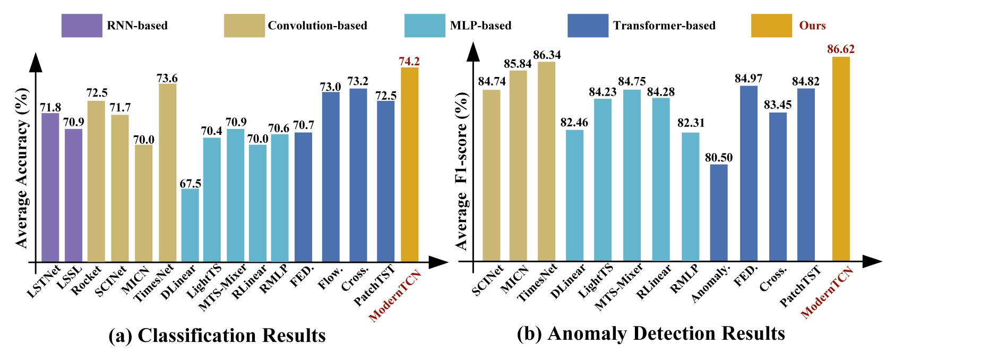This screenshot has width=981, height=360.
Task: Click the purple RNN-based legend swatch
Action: pyautogui.click(x=82, y=25)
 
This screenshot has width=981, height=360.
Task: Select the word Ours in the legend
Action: pyautogui.click(x=812, y=25)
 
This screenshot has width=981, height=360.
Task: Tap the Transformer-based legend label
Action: pyautogui.click(x=664, y=25)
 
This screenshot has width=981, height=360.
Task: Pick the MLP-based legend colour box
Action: pyautogui.click(x=424, y=25)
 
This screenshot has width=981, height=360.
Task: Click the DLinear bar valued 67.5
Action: pyautogui.click(x=190, y=225)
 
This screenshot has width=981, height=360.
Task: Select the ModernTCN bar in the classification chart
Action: pyautogui.click(x=409, y=165)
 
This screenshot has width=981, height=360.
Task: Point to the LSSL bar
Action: pyautogui.click(x=74, y=195)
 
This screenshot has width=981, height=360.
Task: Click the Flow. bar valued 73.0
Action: pyautogui.click(x=331, y=176)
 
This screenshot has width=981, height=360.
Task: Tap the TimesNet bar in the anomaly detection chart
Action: pyautogui.click(x=546, y=161)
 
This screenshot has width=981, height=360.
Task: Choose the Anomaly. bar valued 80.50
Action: pyautogui.click(x=719, y=212)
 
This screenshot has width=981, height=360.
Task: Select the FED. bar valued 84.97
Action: pyautogui.click(x=748, y=173)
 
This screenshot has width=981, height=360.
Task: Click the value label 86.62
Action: pyautogui.click(x=841, y=49)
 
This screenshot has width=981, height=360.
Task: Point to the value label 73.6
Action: pyautogui.click(x=167, y=79)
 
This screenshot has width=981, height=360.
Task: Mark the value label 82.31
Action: pyautogui.click(x=691, y=123)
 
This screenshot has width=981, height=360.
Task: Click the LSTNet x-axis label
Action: pyautogui.click(x=44, y=280)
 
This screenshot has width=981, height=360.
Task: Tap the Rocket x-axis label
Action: pyautogui.click(x=87, y=280)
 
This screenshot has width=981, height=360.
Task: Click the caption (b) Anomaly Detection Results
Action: pyautogui.click(x=651, y=333)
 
